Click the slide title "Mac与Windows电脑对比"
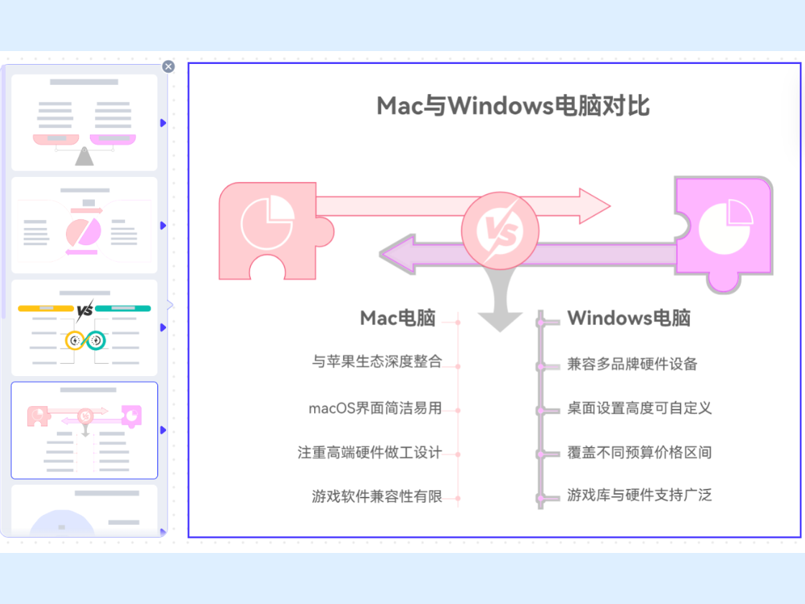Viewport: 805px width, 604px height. point(513,106)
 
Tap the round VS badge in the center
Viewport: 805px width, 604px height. point(500,230)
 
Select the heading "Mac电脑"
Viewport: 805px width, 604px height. point(397,319)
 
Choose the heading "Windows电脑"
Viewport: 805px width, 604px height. point(629,319)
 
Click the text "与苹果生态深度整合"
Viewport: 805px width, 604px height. point(377,362)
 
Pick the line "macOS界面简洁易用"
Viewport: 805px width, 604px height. point(374,408)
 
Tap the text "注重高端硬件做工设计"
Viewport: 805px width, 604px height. point(369,452)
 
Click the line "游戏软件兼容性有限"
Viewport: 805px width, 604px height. point(377,496)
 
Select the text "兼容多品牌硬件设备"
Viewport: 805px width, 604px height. point(632,364)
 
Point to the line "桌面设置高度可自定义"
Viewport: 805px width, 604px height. point(639,408)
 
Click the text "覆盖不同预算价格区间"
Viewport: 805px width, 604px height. point(639,452)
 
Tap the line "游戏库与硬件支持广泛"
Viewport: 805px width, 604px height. point(639,495)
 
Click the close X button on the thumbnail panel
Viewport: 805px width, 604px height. point(168,67)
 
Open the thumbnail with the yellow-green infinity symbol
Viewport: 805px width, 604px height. point(84,327)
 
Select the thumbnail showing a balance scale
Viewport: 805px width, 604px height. point(84,123)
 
